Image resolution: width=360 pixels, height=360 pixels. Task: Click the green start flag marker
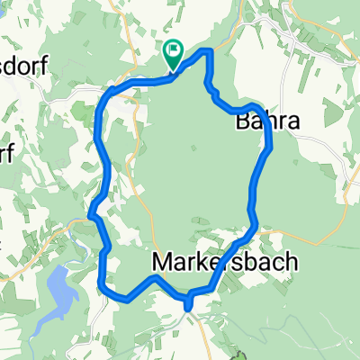point(173,54)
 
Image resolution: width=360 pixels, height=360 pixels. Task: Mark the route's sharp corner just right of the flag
point(210,51)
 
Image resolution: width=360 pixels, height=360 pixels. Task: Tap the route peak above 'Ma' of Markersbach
point(155,278)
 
